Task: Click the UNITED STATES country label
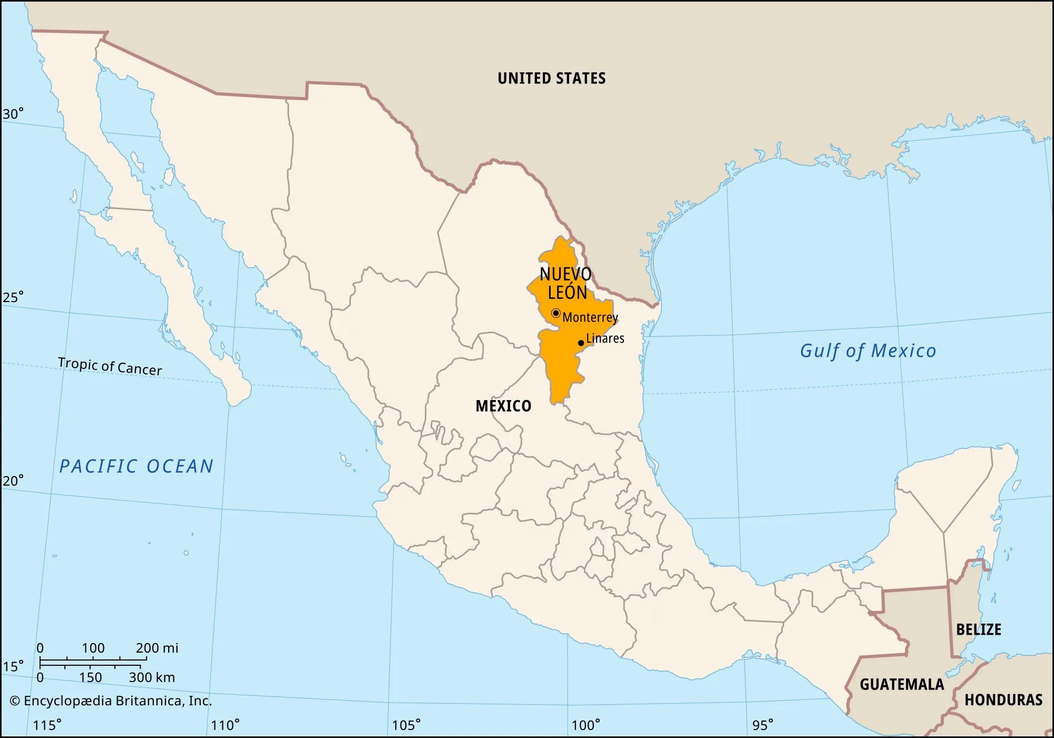tap(551, 79)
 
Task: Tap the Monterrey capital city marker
tap(555, 313)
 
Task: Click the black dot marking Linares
tap(581, 343)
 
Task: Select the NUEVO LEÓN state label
tap(566, 283)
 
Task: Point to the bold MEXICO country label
tap(503, 406)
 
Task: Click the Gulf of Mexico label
tap(867, 351)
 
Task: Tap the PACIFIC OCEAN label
tap(136, 466)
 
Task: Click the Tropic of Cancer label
tap(110, 366)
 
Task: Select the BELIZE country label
tap(979, 629)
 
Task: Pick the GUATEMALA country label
tap(902, 684)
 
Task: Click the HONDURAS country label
tap(1003, 700)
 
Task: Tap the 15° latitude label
tap(13, 667)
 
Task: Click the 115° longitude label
tap(47, 725)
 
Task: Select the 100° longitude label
tap(585, 725)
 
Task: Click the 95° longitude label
tap(763, 725)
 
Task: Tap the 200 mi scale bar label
tap(157, 648)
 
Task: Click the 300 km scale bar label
tap(152, 677)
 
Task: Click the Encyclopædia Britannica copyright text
tap(111, 701)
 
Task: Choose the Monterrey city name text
tap(590, 317)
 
